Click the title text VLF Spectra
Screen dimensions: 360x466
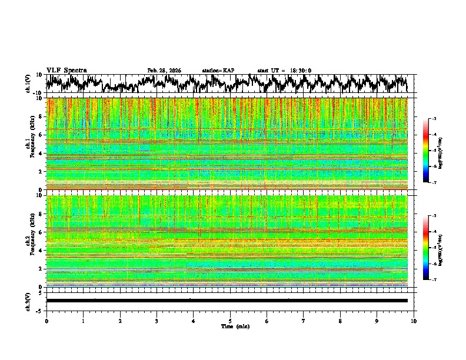point(66,71)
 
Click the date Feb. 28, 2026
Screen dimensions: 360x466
point(164,71)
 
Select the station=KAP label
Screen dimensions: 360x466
point(218,71)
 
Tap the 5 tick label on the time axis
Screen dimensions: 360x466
point(230,321)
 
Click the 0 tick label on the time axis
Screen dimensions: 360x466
point(46,321)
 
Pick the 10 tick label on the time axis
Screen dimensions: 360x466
point(414,321)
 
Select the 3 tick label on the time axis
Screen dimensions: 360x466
point(157,321)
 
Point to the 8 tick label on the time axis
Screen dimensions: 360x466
point(340,321)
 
